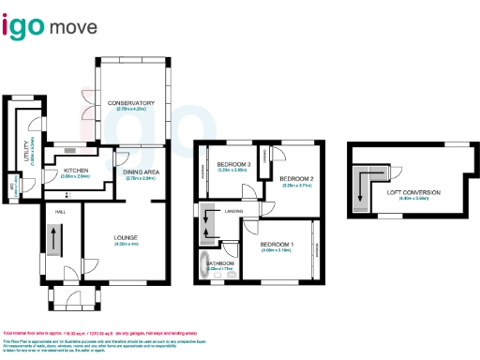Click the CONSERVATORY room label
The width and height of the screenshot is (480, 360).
(130, 102)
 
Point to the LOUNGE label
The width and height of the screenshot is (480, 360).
(127, 238)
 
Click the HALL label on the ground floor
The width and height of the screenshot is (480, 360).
(60, 213)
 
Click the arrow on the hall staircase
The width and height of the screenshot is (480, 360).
(52, 241)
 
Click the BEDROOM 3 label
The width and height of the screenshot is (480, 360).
(232, 164)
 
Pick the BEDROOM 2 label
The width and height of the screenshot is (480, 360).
(296, 178)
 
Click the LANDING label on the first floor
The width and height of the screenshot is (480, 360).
(234, 212)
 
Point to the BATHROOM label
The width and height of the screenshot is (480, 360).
(220, 263)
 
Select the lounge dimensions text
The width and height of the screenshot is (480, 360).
(127, 244)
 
